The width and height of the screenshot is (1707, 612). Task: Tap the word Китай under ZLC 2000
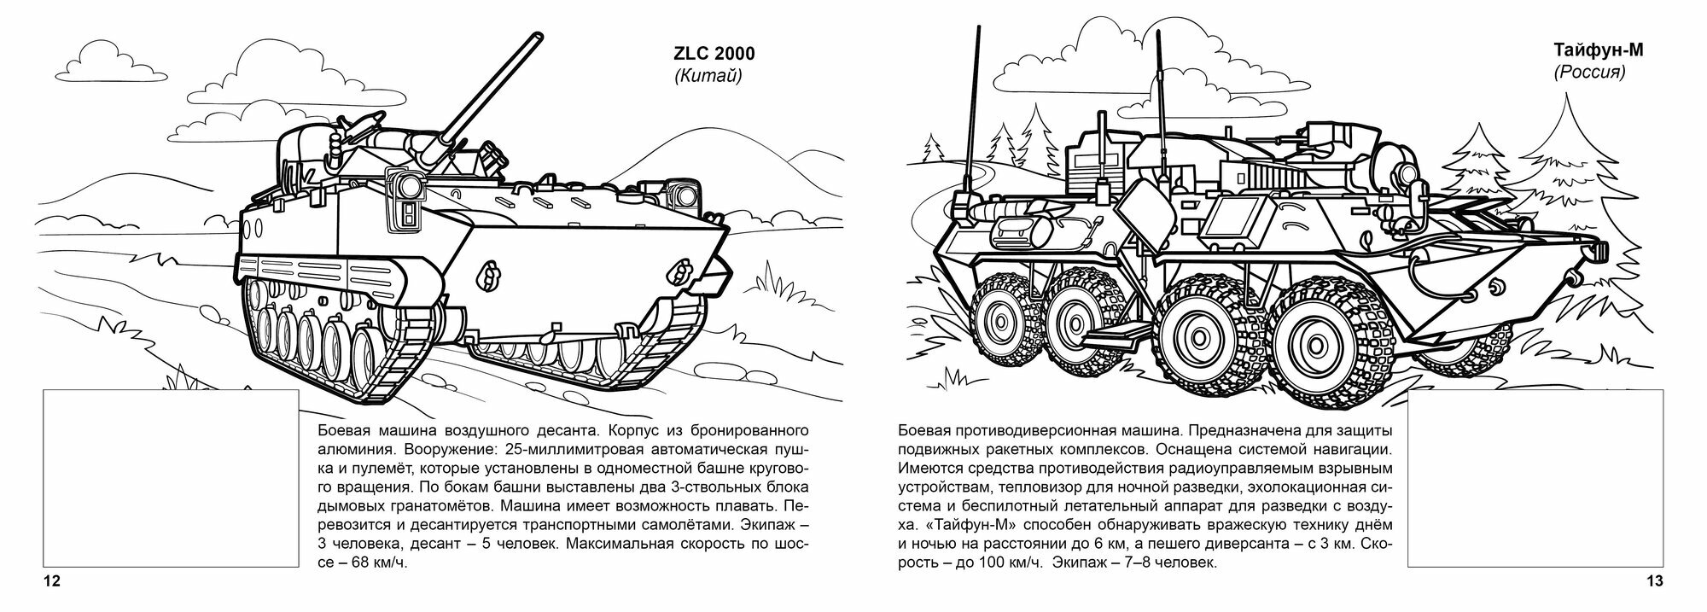click(x=708, y=77)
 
